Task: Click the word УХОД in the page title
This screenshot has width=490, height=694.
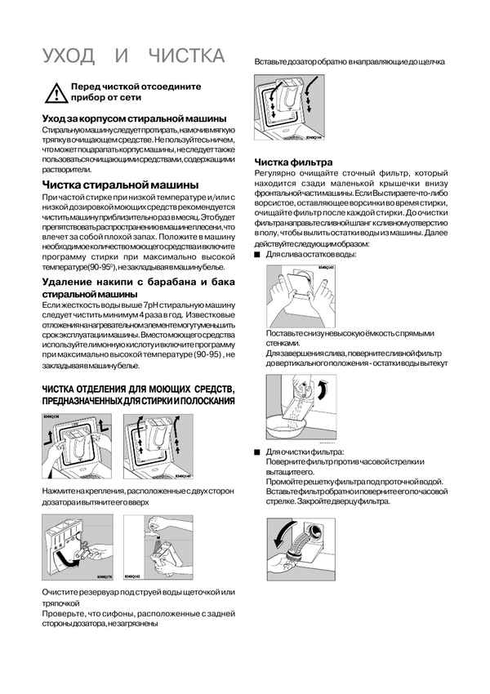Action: [x=69, y=56]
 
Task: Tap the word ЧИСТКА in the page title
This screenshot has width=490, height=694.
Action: [x=186, y=56]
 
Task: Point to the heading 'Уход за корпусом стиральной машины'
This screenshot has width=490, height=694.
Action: [x=134, y=119]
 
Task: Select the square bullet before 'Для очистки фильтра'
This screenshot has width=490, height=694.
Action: [x=257, y=452]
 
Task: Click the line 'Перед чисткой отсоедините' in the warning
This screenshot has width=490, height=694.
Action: [x=136, y=87]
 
